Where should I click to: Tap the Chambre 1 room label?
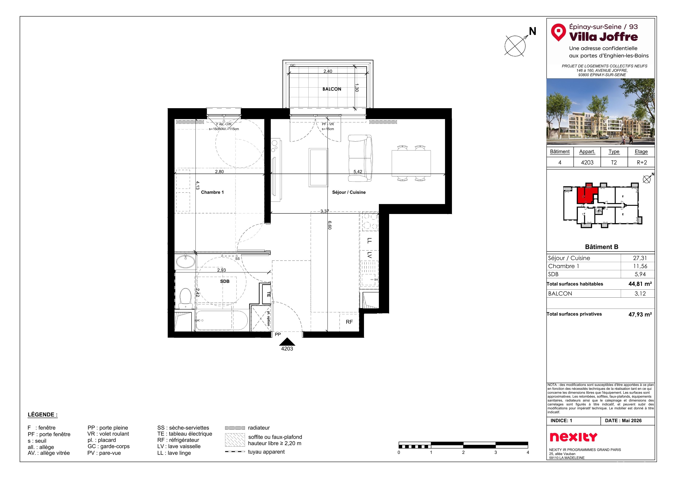212,192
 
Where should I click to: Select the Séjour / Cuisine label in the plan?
349,192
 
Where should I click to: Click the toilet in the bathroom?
185,298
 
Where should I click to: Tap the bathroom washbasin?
185,261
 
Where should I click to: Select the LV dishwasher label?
369,255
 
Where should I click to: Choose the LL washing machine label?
369,241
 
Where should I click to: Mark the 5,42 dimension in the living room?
358,172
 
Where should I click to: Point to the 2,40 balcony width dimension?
328,71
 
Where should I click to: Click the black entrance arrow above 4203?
287,342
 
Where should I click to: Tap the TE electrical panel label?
268,294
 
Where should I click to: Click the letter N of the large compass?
532,31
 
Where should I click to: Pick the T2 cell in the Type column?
614,163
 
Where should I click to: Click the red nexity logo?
573,437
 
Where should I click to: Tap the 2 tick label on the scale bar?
463,452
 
